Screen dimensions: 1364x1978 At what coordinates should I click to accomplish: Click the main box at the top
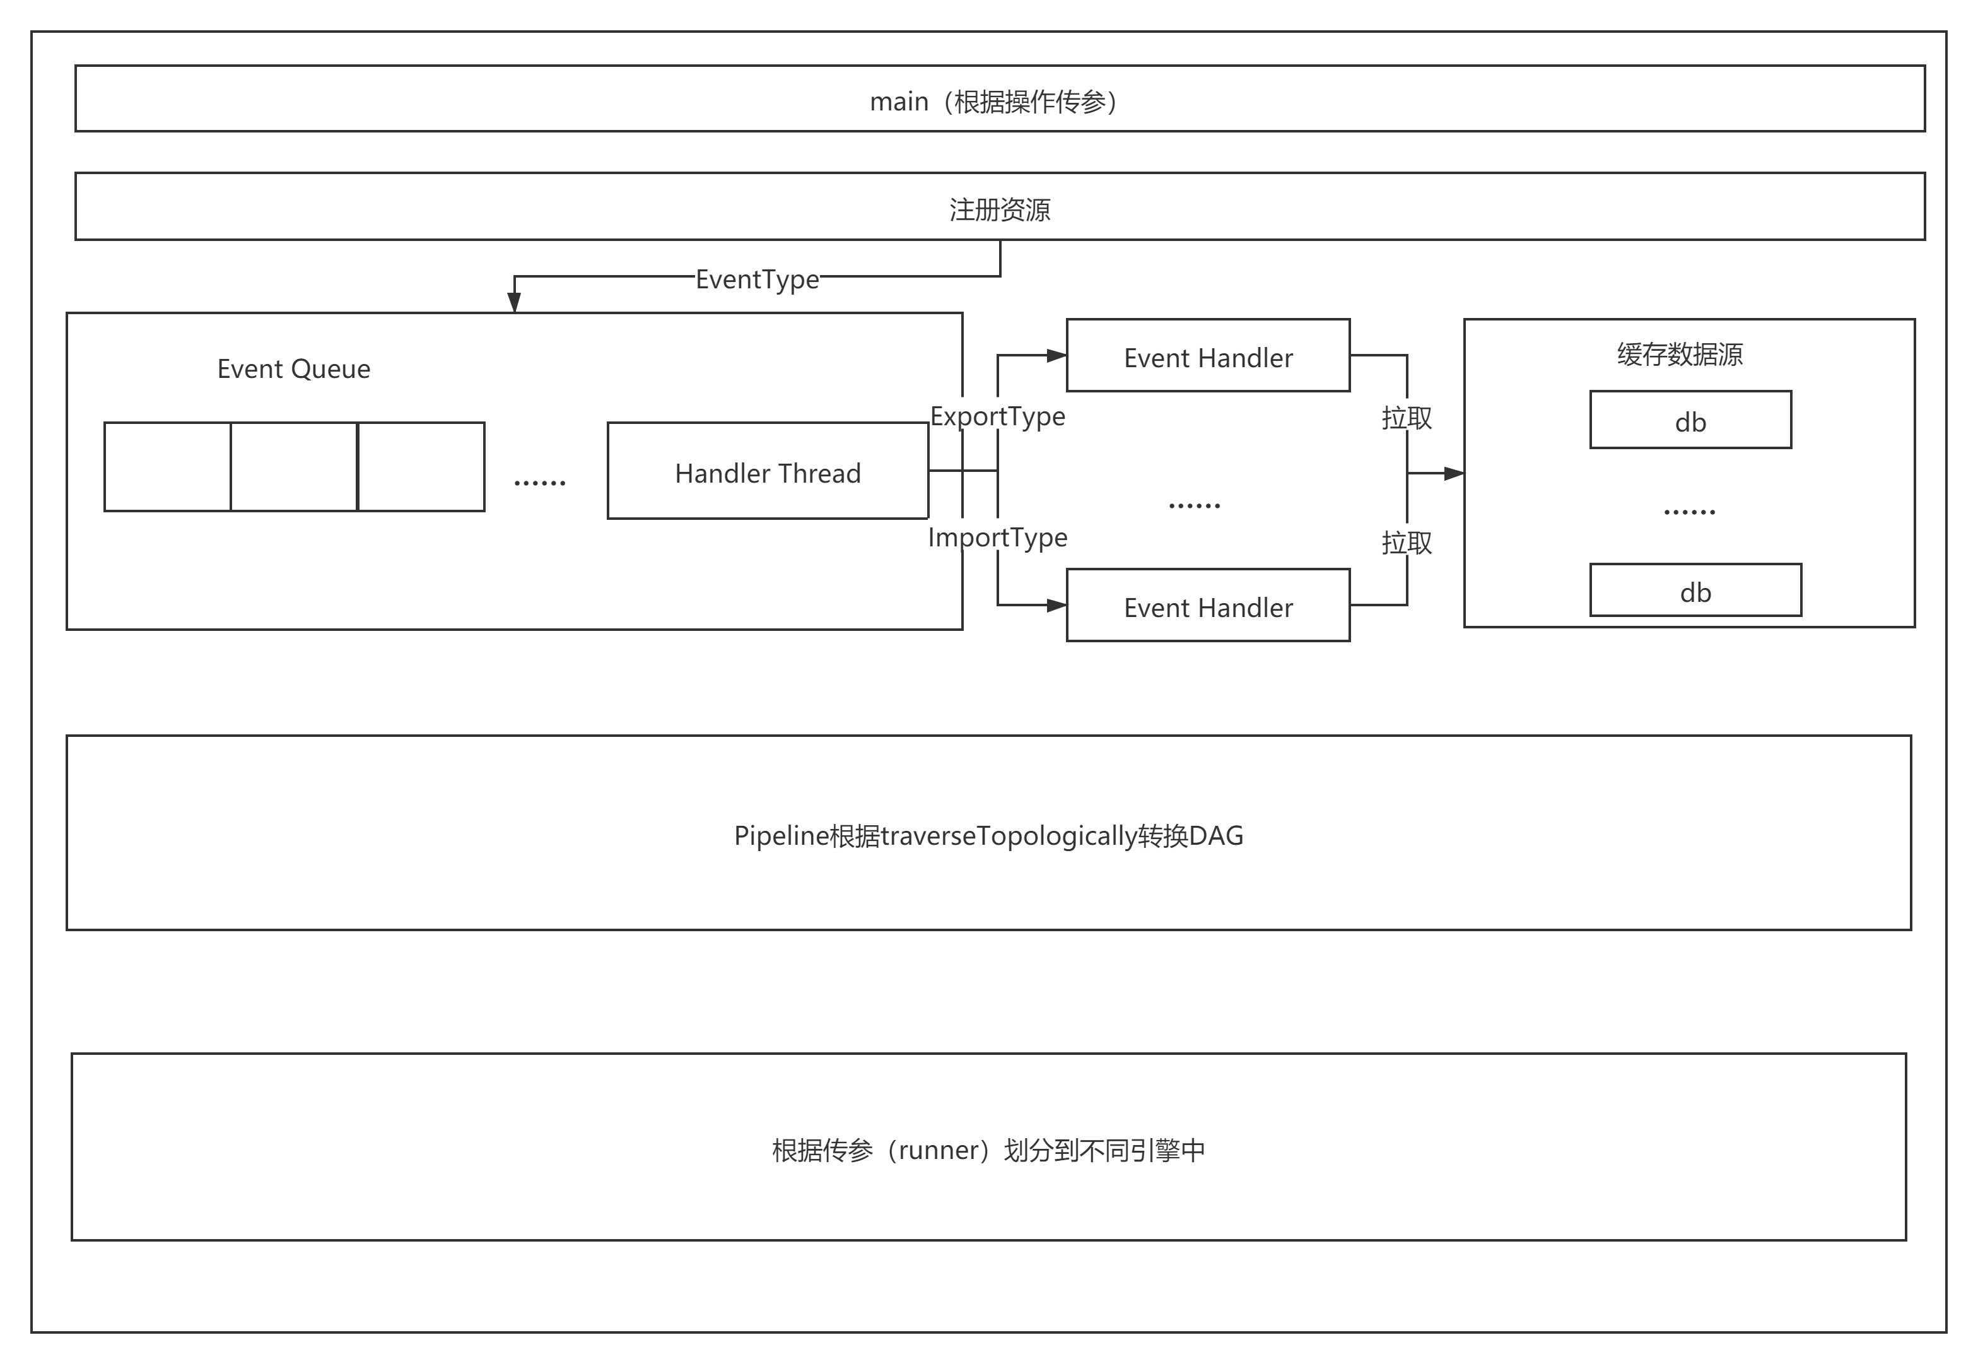pos(1000,99)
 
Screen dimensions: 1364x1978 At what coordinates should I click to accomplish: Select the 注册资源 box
pos(1000,207)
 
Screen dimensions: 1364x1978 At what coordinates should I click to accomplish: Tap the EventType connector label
pos(757,279)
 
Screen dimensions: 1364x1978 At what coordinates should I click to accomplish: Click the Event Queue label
pos(293,369)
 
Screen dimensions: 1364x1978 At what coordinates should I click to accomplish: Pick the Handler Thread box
pos(767,471)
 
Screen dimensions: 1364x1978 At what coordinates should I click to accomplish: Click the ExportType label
pos(997,416)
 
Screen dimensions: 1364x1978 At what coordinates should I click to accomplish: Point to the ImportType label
pos(997,538)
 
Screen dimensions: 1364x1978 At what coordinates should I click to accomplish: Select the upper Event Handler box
pos(1207,356)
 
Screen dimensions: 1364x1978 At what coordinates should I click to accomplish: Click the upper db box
pos(1690,420)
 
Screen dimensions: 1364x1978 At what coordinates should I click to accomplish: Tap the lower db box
pos(1695,591)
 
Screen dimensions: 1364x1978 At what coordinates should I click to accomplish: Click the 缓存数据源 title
pos(1679,355)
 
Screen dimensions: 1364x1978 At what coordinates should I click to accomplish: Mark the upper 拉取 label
pos(1407,418)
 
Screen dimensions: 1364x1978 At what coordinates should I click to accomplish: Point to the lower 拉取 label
pos(1407,543)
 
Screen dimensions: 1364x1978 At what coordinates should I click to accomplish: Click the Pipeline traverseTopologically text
pos(988,835)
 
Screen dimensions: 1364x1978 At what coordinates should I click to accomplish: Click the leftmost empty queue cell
pos(168,467)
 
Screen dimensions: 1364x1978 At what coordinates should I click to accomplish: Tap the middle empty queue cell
pos(294,467)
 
